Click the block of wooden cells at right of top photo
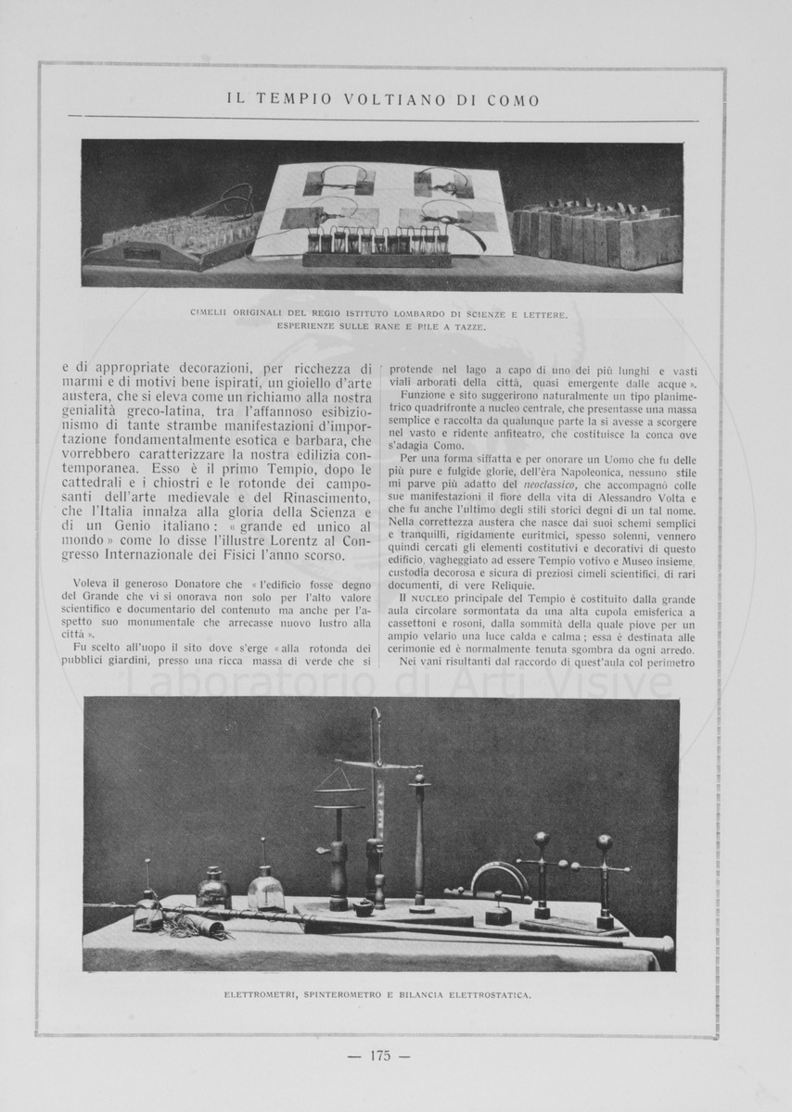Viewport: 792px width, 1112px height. click(x=595, y=235)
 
